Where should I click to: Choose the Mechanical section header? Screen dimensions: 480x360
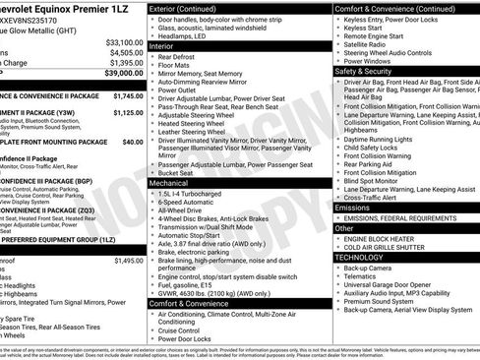(x=174, y=183)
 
